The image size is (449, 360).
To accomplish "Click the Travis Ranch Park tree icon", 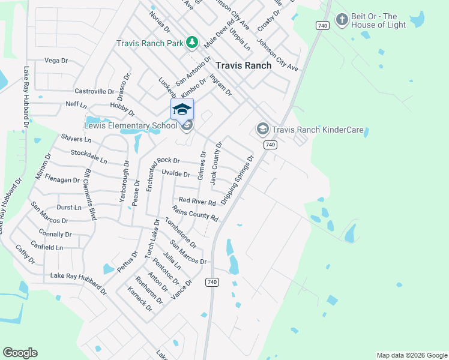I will [192, 42].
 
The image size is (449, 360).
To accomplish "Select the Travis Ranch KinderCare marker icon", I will [262, 129].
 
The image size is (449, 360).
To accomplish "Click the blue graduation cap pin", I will [182, 109].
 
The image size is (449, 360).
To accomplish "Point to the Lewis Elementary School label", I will [131, 125].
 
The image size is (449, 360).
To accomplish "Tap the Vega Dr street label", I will [56, 61].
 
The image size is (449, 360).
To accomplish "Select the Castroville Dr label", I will [94, 91].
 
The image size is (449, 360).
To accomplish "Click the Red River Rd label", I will [197, 202].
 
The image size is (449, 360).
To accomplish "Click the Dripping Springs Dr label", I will [238, 179].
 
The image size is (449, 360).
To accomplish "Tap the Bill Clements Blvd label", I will [90, 194].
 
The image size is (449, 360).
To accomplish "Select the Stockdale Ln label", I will [88, 157].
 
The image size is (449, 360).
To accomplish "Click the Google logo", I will [20, 353].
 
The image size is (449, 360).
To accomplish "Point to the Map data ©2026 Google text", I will [412, 355].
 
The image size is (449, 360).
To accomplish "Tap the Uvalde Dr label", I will [176, 174].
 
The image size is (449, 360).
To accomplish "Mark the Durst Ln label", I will [68, 208].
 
